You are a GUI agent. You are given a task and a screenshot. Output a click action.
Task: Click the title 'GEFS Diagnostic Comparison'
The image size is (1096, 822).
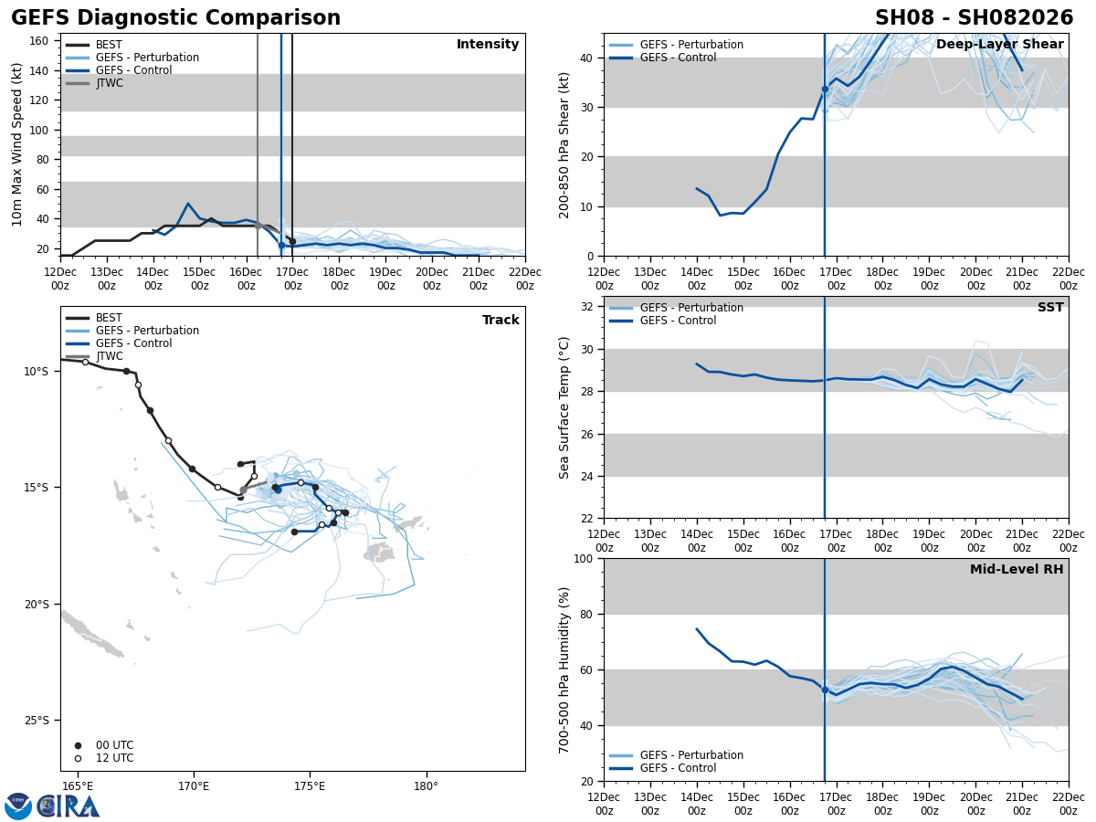(x=175, y=18)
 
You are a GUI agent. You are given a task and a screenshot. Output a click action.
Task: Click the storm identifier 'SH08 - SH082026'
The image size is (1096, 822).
(x=974, y=18)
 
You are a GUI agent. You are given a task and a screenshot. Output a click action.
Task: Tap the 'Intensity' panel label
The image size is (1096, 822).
(x=488, y=45)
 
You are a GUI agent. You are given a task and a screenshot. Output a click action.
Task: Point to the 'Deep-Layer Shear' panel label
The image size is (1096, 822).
(x=999, y=45)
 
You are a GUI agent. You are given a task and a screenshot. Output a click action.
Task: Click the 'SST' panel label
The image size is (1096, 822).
(x=1050, y=308)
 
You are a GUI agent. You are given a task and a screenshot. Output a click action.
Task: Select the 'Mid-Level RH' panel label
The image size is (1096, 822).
(x=1017, y=570)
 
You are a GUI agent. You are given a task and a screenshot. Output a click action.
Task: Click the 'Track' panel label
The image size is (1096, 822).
(x=501, y=321)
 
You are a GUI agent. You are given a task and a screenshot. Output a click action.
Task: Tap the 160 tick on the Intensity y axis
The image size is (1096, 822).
(x=39, y=40)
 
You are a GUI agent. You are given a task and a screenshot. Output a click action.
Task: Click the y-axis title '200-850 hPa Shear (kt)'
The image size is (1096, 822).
(x=565, y=145)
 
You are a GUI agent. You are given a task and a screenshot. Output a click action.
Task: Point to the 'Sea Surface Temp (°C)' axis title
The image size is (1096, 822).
(x=565, y=407)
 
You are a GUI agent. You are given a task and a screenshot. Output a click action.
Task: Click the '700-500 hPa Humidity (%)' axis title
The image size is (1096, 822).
(x=565, y=669)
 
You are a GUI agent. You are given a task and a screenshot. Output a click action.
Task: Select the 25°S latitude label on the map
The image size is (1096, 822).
(x=37, y=720)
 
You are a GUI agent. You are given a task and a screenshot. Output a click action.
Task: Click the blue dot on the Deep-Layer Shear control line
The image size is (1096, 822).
(x=825, y=90)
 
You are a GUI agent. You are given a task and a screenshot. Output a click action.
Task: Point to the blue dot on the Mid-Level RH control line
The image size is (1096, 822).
(x=825, y=690)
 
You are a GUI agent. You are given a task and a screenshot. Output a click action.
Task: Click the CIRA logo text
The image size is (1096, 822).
(x=68, y=806)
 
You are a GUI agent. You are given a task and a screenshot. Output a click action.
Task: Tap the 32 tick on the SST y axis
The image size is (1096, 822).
(x=587, y=307)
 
